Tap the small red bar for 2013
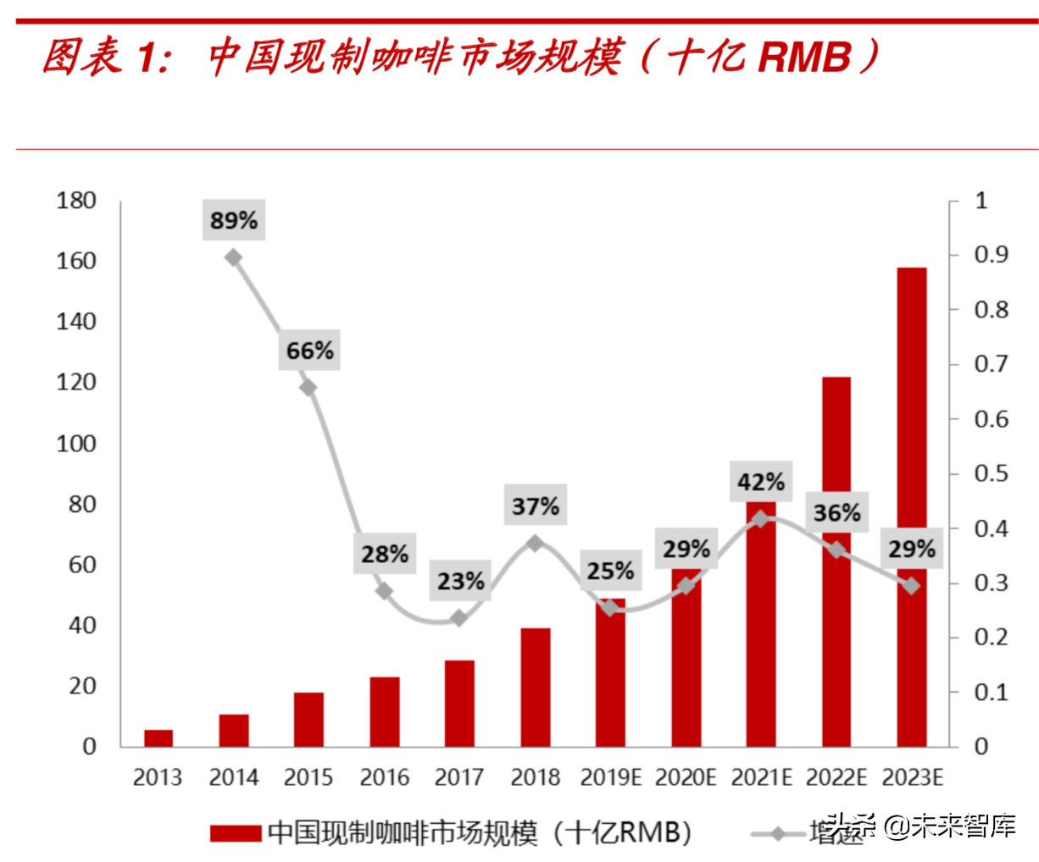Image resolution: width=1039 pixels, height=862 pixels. pos(158,738)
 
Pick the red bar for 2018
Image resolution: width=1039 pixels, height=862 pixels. pos(536,687)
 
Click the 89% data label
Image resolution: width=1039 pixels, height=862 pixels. pos(234,220)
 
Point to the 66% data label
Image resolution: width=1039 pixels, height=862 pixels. pos(309,350)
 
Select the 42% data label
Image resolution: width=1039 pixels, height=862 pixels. pos(760,482)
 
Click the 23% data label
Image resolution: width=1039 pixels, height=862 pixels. pos(460,581)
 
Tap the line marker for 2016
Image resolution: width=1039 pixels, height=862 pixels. pos(384,591)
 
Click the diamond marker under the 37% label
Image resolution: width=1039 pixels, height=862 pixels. pos(535,544)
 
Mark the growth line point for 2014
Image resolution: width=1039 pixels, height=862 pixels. pos(234,257)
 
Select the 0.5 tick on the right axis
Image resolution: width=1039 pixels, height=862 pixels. pos(992,473)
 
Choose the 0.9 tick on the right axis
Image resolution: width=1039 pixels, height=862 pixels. pos(992,255)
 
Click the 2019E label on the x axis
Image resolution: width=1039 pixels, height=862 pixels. pos(610,776)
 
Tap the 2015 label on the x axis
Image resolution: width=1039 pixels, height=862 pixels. pos(308,776)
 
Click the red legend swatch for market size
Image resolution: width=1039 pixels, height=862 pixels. pos(236,833)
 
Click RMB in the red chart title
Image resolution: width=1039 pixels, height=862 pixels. pos(803,58)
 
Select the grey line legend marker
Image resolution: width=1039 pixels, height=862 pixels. pos(778,834)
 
